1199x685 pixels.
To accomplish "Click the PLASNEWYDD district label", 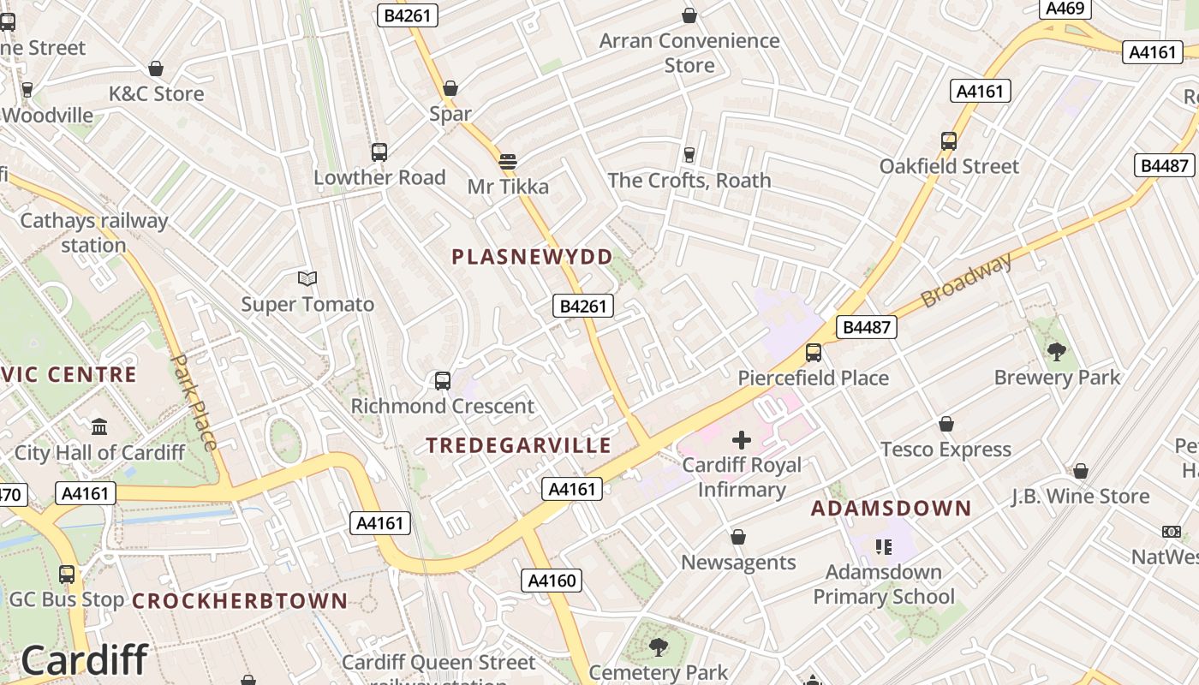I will point(532,257).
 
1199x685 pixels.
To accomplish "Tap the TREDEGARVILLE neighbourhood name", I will point(519,445).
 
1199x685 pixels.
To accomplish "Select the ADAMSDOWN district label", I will point(892,509).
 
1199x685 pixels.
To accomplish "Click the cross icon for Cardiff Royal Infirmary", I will point(742,440).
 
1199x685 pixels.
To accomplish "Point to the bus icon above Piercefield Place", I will point(814,352).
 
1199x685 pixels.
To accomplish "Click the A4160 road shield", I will point(552,581).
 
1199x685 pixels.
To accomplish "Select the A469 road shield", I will point(1065,9).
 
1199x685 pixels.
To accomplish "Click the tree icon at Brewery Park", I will point(1057,350).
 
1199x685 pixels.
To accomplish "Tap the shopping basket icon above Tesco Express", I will point(946,424).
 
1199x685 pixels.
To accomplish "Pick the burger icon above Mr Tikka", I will point(508,161).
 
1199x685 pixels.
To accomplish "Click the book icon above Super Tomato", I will point(307,278).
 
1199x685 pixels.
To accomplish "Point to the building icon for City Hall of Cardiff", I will point(99,426).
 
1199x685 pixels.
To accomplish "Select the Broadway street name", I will point(967,280).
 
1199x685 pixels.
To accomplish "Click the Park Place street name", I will point(194,402).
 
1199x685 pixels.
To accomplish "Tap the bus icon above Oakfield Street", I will point(949,141).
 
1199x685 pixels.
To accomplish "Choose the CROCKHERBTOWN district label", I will point(240,601).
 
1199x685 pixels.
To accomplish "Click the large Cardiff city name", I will point(84,660).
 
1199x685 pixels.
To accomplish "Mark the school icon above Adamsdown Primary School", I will point(883,546).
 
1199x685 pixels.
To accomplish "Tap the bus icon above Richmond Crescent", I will point(443,381).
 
